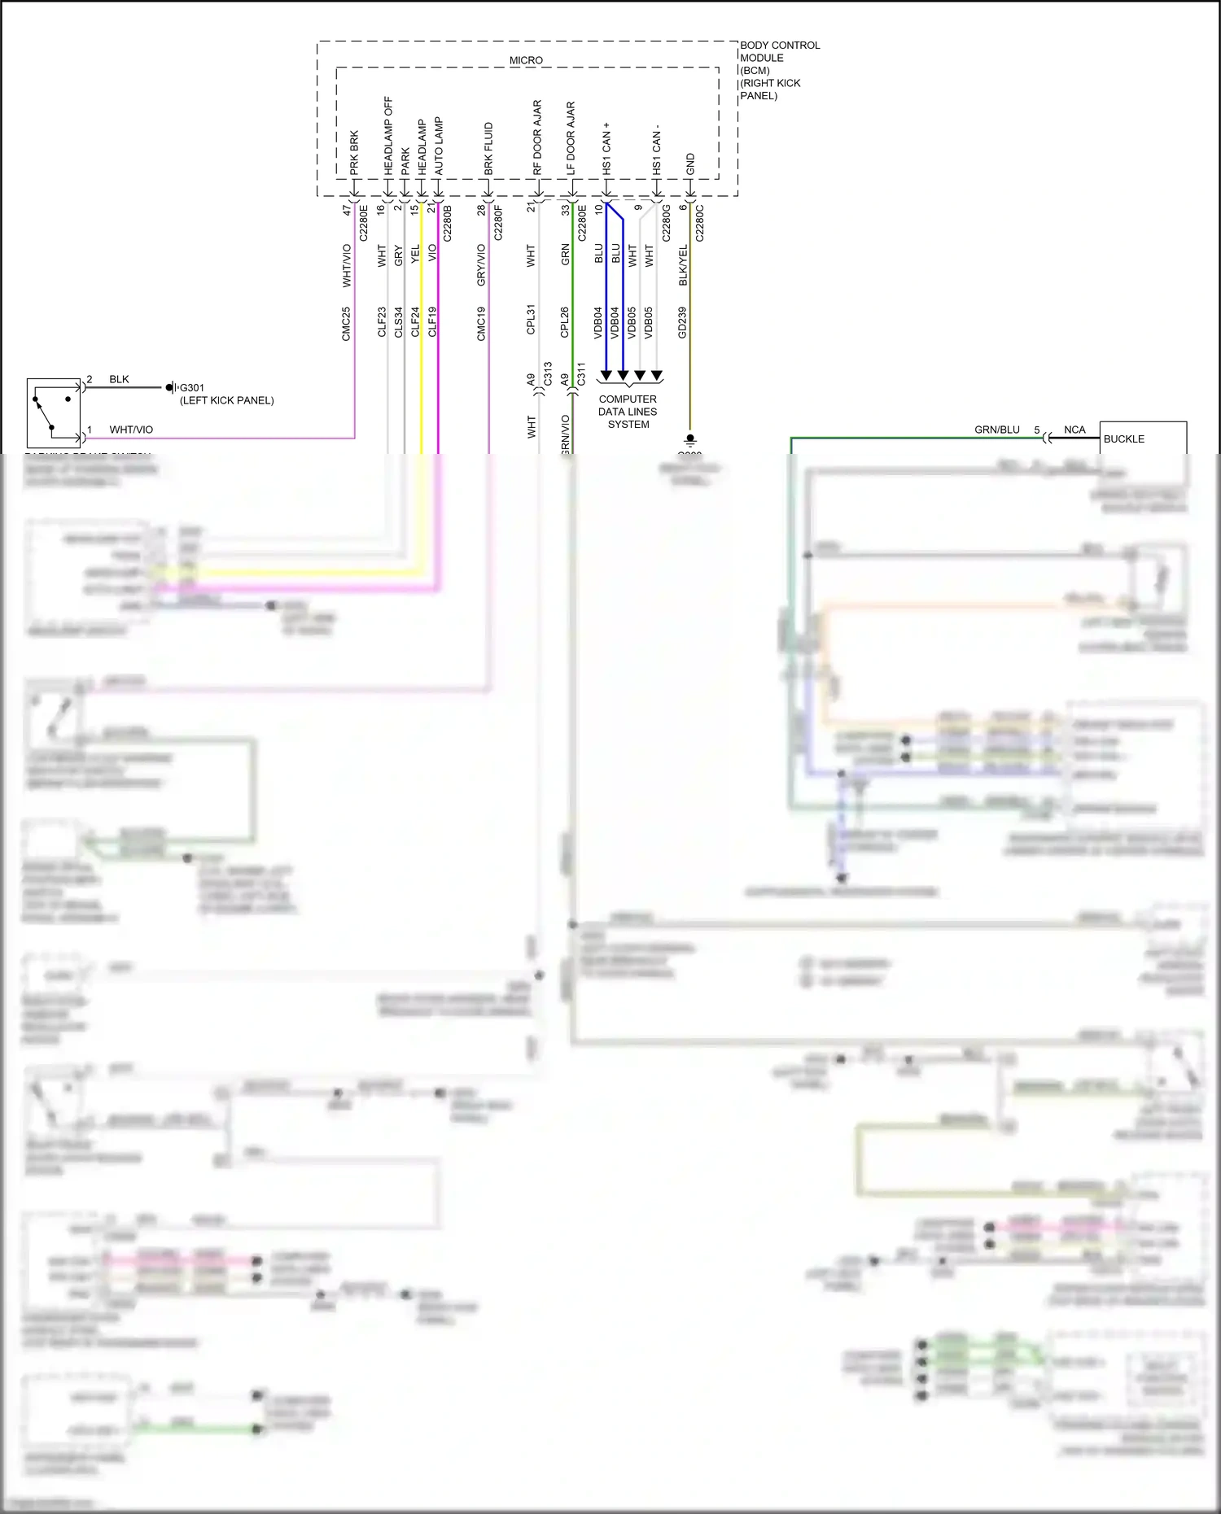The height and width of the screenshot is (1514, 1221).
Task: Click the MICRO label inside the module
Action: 526,60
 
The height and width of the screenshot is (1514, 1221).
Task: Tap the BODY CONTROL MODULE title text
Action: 779,51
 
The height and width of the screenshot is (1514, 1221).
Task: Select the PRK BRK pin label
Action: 354,153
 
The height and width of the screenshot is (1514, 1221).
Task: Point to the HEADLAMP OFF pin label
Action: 388,136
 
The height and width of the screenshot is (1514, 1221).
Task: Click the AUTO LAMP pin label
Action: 439,146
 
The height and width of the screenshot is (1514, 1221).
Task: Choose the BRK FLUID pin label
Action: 488,148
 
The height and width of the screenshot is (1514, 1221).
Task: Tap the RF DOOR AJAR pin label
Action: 537,137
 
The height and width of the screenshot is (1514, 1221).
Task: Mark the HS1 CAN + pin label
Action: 606,148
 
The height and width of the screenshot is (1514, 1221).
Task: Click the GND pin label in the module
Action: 690,164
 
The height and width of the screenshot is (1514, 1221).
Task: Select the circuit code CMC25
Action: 346,323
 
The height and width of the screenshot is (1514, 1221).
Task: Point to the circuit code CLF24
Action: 415,321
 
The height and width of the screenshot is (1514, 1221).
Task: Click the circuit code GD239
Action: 682,322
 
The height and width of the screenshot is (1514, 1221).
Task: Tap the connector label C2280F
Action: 498,223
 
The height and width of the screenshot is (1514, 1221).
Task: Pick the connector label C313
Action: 548,373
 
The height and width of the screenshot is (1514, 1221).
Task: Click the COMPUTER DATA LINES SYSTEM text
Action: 628,412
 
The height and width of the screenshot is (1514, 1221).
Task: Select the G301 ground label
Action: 192,387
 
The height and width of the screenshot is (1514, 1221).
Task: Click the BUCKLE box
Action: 1142,438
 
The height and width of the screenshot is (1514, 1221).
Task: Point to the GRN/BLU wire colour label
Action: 996,430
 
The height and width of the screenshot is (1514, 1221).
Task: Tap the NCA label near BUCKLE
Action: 1074,430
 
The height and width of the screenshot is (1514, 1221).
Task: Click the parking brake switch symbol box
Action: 54,412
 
